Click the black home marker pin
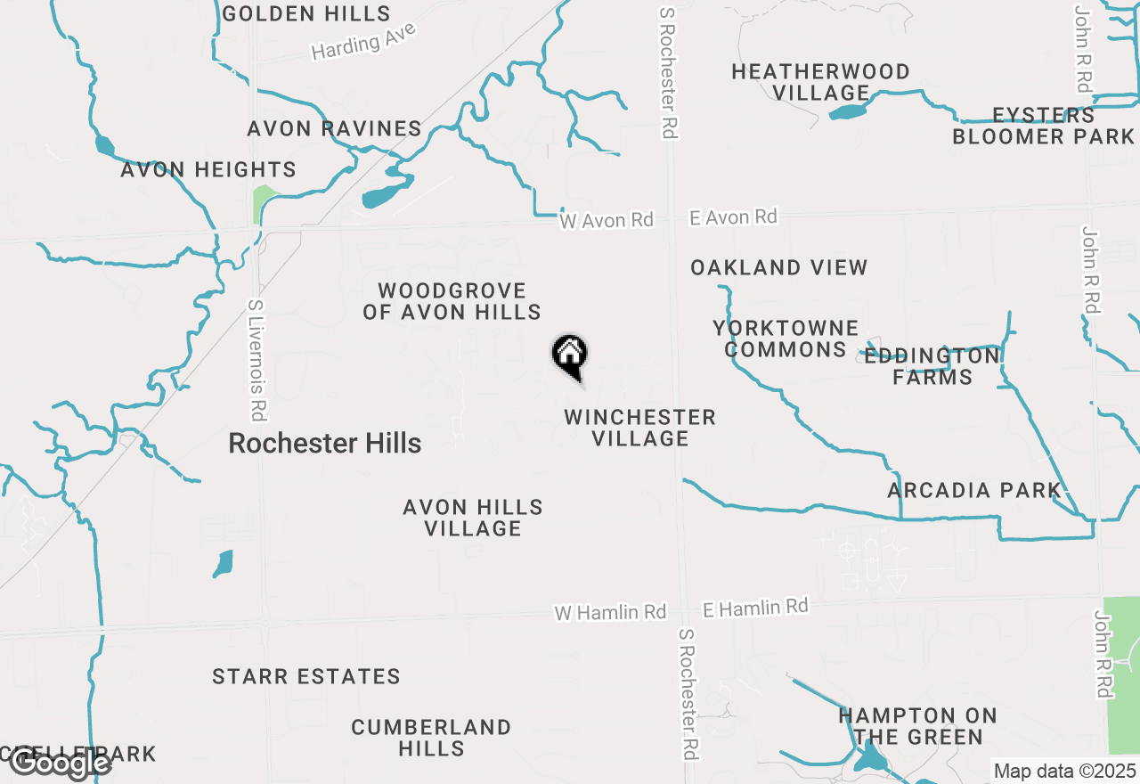point(570,357)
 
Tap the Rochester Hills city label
point(324,443)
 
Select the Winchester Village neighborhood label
point(639,428)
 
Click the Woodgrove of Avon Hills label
point(452,301)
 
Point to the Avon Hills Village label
point(473,518)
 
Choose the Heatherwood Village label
point(820,82)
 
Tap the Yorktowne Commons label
point(786,339)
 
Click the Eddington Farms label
point(932,366)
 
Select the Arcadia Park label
point(974,490)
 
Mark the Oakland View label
point(778,267)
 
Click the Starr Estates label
point(306,676)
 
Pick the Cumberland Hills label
point(431,738)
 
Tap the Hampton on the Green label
point(917,726)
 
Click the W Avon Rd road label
point(607,220)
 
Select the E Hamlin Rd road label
point(755,608)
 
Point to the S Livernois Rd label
point(256,359)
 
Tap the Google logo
point(60,763)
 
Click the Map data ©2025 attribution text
point(1065,771)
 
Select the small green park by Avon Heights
point(264,203)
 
